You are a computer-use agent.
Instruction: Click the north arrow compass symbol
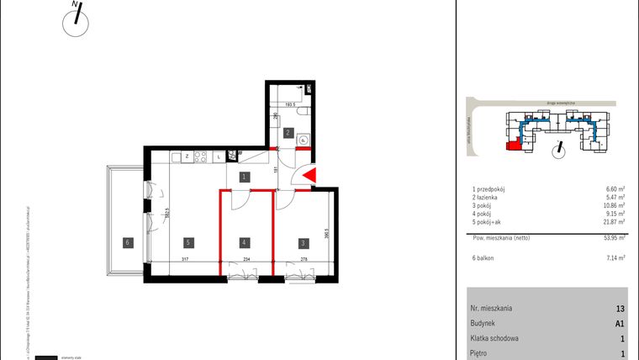click(76, 22)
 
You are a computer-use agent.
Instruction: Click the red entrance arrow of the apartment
click(309, 176)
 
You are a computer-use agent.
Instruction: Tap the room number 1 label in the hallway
click(243, 177)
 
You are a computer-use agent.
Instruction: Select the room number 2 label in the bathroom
click(287, 133)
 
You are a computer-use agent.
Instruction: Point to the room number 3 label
click(302, 243)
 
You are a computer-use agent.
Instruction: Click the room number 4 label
click(243, 243)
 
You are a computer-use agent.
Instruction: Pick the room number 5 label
click(189, 243)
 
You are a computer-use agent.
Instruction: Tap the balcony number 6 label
click(126, 243)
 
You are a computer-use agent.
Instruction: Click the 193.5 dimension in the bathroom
click(290, 106)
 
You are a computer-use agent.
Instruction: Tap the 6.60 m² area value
click(615, 190)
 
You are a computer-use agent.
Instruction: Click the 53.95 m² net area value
click(613, 238)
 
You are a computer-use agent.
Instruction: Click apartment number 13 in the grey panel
click(620, 309)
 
